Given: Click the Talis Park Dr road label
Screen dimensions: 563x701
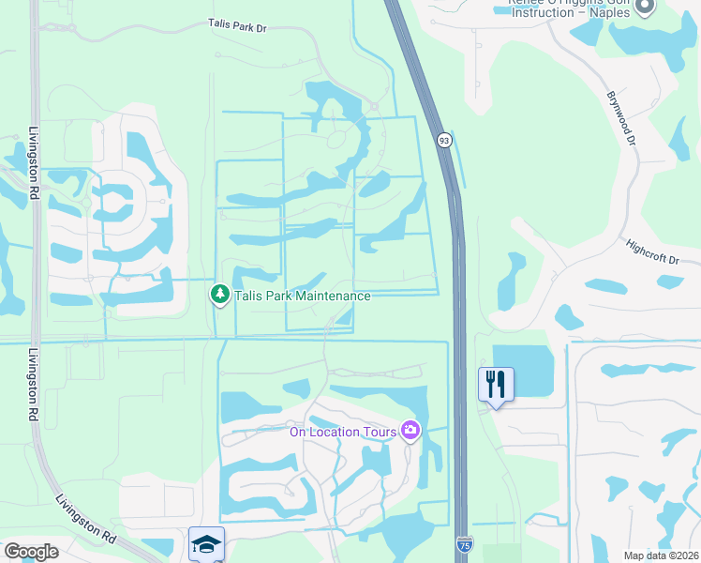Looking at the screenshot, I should (x=237, y=28).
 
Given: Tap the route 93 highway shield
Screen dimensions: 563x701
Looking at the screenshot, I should (x=443, y=140).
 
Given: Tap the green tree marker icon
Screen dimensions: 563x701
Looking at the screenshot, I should (x=220, y=296).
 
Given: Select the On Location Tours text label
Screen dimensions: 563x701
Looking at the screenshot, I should (x=342, y=431).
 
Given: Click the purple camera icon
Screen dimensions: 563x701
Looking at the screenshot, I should (x=410, y=431).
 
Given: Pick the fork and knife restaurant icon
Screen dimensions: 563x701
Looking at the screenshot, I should (x=496, y=384).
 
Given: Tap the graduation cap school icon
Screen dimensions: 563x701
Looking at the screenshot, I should (x=207, y=543).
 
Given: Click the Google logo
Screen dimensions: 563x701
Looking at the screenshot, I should (x=31, y=552).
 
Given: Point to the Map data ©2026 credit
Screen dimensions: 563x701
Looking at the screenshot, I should (x=661, y=555).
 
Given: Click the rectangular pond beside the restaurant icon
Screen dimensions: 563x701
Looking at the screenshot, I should (x=524, y=371).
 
